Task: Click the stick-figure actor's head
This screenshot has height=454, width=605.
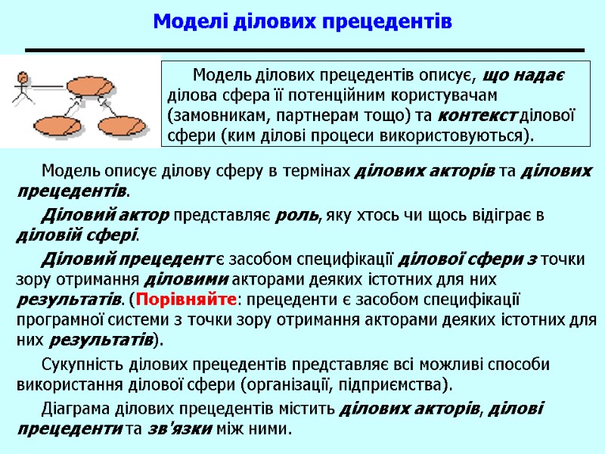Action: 22,77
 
